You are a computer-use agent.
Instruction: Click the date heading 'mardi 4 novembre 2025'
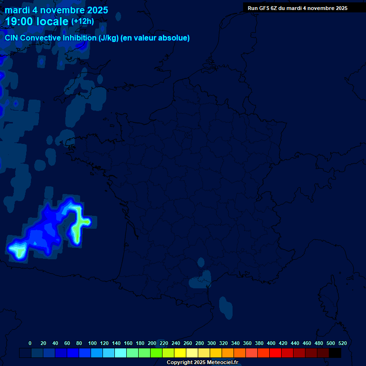pyautogui.click(x=56, y=10)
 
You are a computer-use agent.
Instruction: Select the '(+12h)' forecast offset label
pyautogui.click(x=82, y=21)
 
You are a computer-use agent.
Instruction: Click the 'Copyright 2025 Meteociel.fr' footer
pyautogui.click(x=202, y=363)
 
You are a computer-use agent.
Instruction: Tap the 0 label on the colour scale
pyautogui.click(x=30, y=343)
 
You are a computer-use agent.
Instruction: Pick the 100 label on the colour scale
pyautogui.click(x=92, y=343)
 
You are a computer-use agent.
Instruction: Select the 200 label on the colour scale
pyautogui.click(x=152, y=343)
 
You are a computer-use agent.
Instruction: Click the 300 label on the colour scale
pyautogui.click(x=212, y=343)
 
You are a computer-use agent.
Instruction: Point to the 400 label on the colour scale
pyautogui.click(x=271, y=343)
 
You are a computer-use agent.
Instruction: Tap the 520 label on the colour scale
pyautogui.click(x=342, y=343)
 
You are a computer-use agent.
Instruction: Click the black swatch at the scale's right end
pyautogui.click(x=335, y=353)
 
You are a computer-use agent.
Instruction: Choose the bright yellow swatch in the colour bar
pyautogui.click(x=180, y=353)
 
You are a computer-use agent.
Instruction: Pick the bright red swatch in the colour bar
pyautogui.click(x=275, y=353)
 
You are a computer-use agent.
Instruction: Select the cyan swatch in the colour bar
pyautogui.click(x=121, y=353)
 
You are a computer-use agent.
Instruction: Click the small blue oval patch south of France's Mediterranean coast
pyautogui.click(x=224, y=306)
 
